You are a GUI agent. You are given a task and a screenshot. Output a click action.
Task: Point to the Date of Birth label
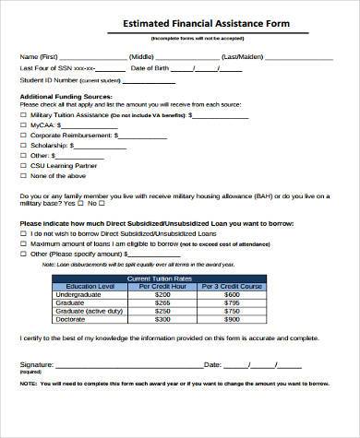pos(150,68)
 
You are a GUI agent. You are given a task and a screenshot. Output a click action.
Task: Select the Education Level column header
pos(83,286)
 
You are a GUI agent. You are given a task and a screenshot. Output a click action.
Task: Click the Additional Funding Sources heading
pos(61,97)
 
